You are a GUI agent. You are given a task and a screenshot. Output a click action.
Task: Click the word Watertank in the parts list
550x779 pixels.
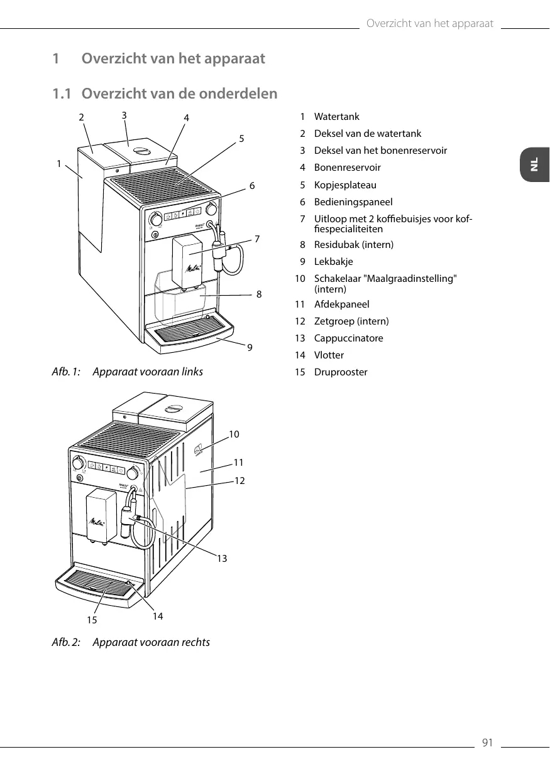point(337,117)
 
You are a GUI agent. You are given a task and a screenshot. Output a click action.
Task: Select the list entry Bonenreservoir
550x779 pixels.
point(347,168)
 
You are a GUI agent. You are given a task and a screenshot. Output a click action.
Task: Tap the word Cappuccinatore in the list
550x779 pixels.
point(348,338)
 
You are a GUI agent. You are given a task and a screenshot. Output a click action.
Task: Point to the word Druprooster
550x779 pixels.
point(341,372)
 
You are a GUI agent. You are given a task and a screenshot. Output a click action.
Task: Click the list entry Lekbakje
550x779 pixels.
point(333,262)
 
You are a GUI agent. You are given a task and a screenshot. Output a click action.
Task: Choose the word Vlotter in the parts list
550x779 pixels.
point(329,355)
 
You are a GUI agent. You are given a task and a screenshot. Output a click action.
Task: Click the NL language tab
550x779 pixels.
point(534,164)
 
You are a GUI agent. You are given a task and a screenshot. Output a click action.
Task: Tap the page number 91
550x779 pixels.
point(487,744)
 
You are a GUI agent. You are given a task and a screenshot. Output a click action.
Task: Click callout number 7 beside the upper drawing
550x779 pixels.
point(257,239)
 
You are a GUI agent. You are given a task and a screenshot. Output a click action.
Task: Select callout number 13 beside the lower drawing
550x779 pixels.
point(222,558)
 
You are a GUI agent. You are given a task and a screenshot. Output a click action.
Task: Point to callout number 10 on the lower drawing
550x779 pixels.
point(234,434)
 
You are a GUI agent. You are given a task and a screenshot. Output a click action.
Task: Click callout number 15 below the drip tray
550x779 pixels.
point(92,620)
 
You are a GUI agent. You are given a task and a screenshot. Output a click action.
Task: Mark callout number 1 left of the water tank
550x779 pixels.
point(58,163)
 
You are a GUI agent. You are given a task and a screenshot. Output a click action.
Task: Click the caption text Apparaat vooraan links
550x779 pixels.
point(148,372)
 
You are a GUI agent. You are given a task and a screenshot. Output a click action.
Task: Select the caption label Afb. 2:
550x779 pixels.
point(66,642)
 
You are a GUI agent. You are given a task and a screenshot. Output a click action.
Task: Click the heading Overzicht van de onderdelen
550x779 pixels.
point(179,94)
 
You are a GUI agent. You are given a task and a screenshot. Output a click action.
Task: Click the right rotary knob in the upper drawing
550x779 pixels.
point(212,208)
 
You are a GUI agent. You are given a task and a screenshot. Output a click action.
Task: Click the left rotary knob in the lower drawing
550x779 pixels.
point(77,463)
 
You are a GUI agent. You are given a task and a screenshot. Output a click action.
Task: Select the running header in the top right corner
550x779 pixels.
point(429,24)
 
